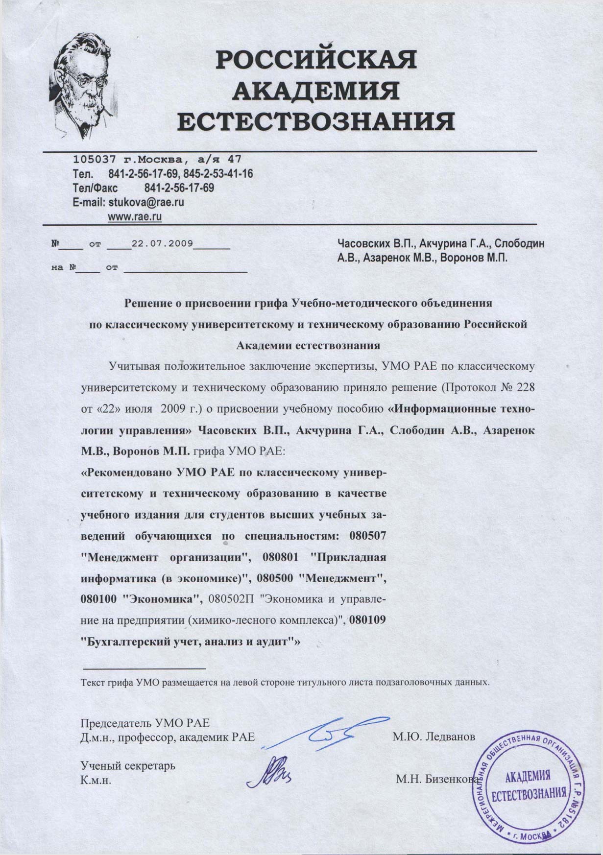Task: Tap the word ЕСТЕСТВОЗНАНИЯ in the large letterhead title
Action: [315, 121]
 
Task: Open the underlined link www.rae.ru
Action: [134, 216]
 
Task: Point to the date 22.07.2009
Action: [162, 243]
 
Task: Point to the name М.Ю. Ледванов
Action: [434, 736]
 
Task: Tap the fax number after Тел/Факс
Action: [179, 188]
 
